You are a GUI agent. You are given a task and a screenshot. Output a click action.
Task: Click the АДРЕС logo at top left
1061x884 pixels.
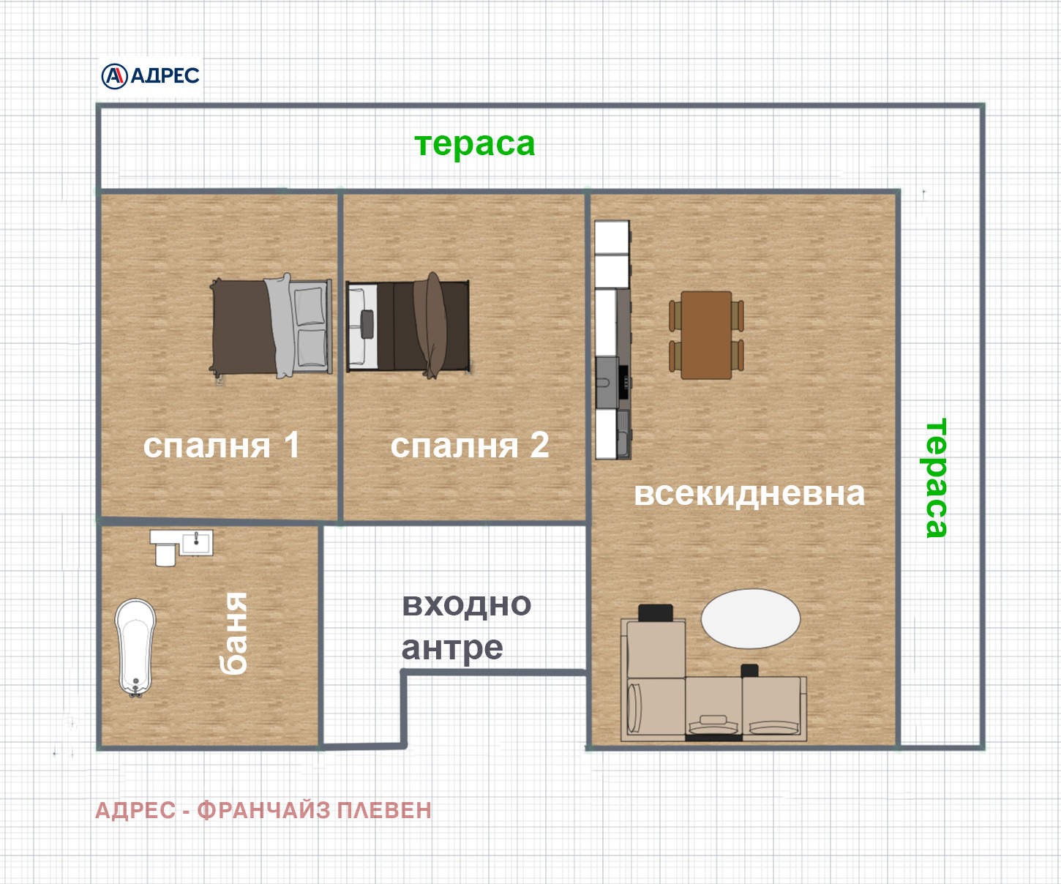click(x=151, y=75)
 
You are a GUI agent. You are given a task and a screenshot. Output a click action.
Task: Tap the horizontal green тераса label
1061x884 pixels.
click(x=475, y=144)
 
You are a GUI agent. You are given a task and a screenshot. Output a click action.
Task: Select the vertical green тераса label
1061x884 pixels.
click(x=936, y=478)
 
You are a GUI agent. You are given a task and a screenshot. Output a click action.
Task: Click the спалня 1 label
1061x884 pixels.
click(x=222, y=445)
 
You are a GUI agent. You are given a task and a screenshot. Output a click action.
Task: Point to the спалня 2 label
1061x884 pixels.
click(x=470, y=445)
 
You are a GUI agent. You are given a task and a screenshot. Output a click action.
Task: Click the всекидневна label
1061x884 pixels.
click(x=749, y=493)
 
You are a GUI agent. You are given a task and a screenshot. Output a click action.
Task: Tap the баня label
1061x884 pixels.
click(x=234, y=633)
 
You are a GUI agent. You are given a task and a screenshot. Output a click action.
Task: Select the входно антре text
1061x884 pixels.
click(x=465, y=626)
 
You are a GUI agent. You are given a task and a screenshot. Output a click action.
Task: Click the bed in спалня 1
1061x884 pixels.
click(x=271, y=326)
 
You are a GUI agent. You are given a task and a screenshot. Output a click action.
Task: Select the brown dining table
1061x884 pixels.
click(x=706, y=334)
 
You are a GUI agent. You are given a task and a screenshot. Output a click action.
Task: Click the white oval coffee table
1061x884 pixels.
click(x=750, y=618)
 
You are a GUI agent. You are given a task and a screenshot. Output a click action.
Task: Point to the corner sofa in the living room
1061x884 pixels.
click(x=713, y=703)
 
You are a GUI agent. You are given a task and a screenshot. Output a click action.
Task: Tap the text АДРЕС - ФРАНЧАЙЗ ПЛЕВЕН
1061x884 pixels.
click(x=263, y=810)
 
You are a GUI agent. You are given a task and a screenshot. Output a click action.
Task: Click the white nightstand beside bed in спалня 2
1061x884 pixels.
click(x=361, y=326)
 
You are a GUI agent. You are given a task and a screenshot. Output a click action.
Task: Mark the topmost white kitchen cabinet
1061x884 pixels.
click(x=612, y=237)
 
